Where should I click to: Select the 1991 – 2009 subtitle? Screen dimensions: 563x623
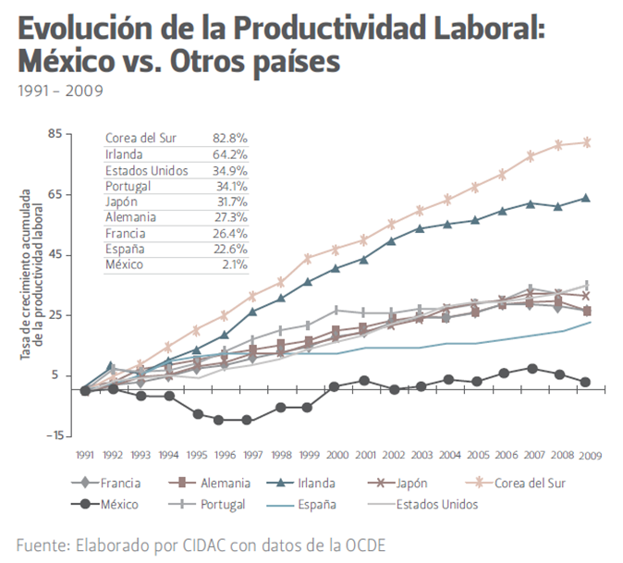(x=59, y=91)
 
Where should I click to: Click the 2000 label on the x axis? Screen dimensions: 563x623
(x=338, y=455)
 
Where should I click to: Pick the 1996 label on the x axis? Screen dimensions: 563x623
(x=226, y=455)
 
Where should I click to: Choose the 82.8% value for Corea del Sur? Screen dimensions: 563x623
(x=229, y=138)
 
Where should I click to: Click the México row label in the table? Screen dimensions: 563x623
(x=125, y=264)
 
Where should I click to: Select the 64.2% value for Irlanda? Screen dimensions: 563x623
(x=229, y=153)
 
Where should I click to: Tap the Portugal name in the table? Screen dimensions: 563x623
(x=128, y=185)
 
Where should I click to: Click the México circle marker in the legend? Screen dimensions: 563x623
(x=84, y=505)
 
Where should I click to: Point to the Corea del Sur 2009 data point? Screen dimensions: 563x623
(x=586, y=142)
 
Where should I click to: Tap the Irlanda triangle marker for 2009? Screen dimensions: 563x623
(x=586, y=198)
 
